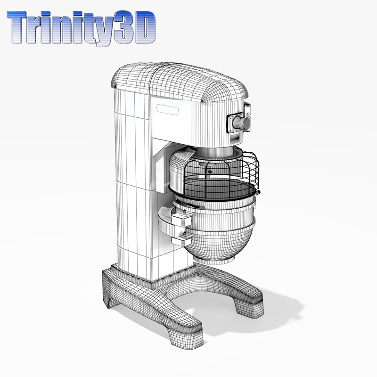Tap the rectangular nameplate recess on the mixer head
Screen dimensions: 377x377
(x=168, y=109)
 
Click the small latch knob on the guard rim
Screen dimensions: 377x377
(x=259, y=193)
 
